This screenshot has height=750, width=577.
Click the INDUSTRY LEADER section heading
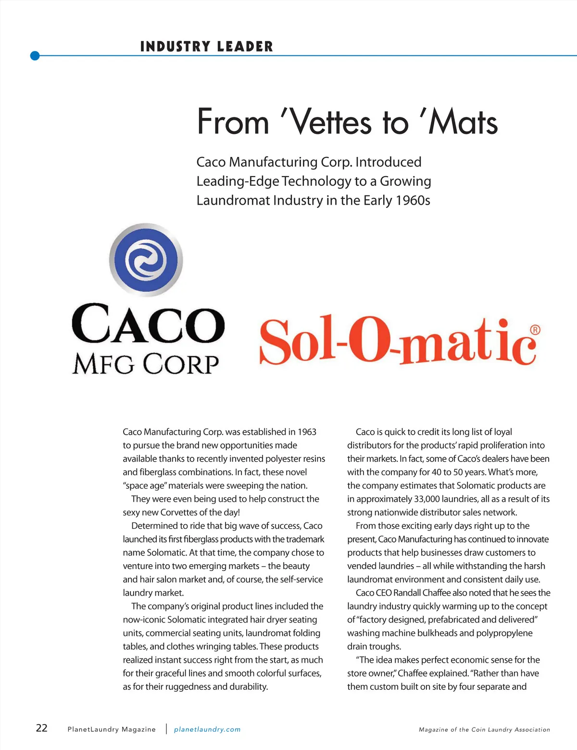[x=206, y=47]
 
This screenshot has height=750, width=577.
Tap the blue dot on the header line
[x=35, y=56]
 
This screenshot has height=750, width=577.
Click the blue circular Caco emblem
[x=146, y=260]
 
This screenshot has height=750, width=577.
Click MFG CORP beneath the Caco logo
[x=146, y=364]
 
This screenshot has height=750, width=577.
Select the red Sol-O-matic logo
[x=398, y=341]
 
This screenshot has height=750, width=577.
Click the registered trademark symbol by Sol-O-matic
[x=535, y=330]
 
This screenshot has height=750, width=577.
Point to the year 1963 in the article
[x=307, y=432]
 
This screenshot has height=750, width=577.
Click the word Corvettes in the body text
[x=179, y=512]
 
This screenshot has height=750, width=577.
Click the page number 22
[x=42, y=727]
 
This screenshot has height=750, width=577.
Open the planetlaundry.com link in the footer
[x=207, y=729]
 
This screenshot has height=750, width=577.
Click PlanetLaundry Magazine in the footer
[x=112, y=729]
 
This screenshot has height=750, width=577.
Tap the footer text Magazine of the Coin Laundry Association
[x=484, y=730]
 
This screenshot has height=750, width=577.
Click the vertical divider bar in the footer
[x=166, y=729]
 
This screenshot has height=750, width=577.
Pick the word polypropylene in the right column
[x=504, y=633]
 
